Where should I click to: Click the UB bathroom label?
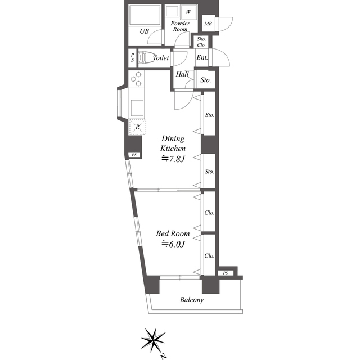click(144, 31)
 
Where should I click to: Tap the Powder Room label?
click(180, 26)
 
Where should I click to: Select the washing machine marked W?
click(188, 12)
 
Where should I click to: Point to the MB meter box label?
click(208, 24)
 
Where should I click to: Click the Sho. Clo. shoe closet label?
click(201, 42)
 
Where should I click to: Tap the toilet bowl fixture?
click(144, 57)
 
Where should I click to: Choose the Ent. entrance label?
click(202, 57)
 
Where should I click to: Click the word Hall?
click(182, 74)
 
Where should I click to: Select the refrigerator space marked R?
click(137, 127)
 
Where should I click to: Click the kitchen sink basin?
click(137, 108)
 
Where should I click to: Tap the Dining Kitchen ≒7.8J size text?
click(173, 159)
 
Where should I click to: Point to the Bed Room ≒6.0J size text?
click(173, 244)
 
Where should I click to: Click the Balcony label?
click(192, 300)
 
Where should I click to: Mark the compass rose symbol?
click(154, 340)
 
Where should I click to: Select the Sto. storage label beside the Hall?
click(206, 80)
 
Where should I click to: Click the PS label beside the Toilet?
click(133, 57)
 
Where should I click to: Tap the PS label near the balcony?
click(226, 273)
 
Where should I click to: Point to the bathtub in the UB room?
click(145, 15)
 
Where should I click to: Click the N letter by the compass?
click(163, 357)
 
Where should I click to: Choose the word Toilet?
click(161, 58)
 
